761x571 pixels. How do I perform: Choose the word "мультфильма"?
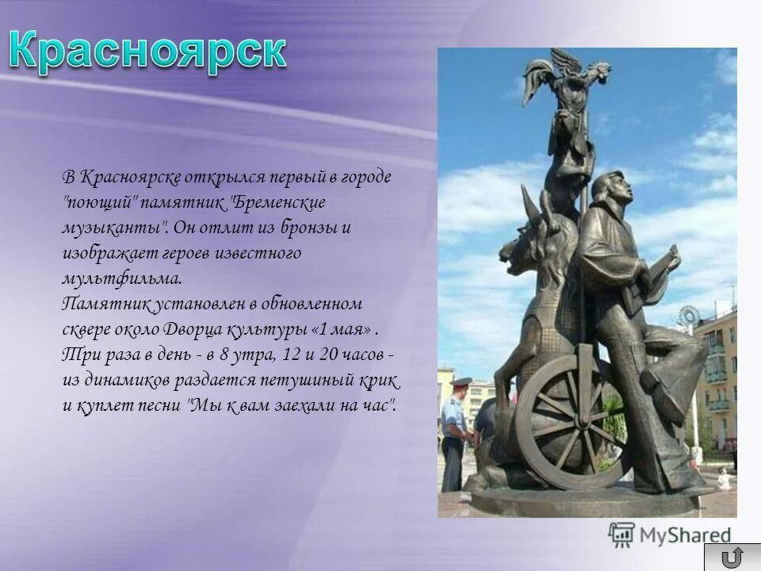[x=121, y=278]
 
